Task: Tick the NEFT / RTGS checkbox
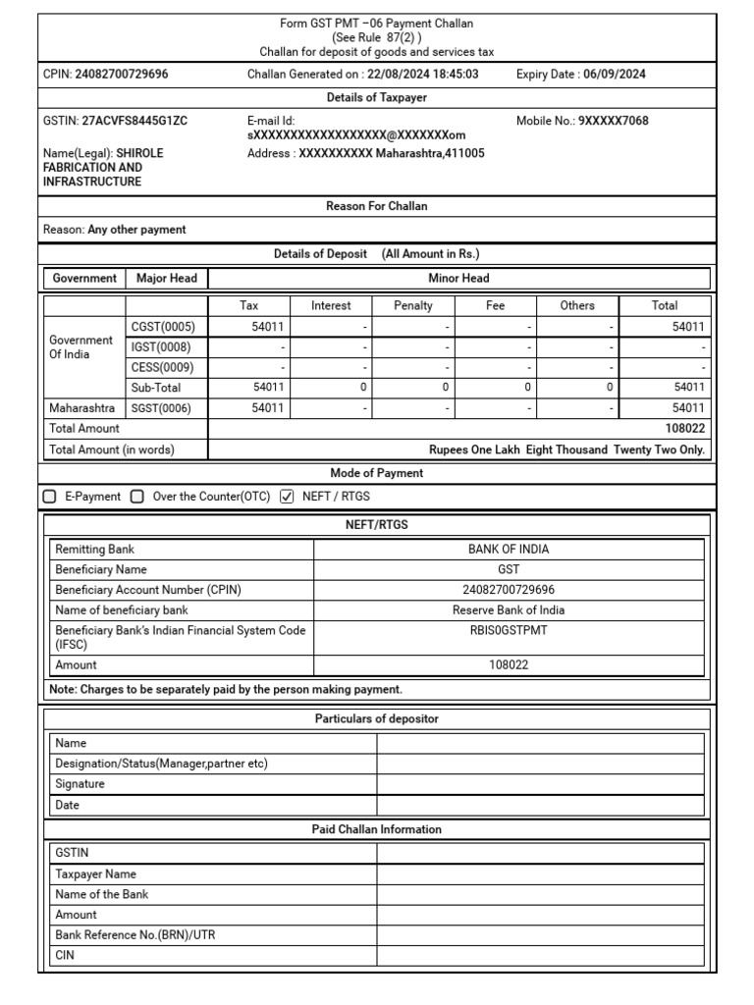click(x=287, y=497)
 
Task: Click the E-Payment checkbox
click(x=50, y=497)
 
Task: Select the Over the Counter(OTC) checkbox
click(x=137, y=497)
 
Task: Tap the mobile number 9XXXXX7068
click(x=613, y=121)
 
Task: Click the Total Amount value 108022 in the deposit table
click(x=685, y=429)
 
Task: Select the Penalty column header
click(x=412, y=305)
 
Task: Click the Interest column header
click(x=331, y=305)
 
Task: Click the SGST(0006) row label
click(x=163, y=407)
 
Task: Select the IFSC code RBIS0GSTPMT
click(x=509, y=630)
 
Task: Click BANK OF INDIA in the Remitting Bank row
click(x=509, y=550)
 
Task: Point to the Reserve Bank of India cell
click(x=509, y=609)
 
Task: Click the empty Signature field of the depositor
click(x=540, y=784)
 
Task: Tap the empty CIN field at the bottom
click(x=540, y=955)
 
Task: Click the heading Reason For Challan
click(x=377, y=206)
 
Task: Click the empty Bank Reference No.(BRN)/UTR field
click(x=540, y=935)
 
